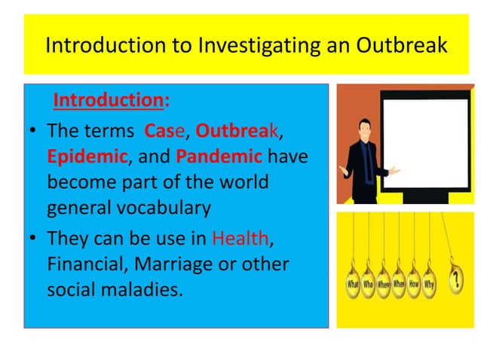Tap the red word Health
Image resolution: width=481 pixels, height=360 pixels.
(240, 239)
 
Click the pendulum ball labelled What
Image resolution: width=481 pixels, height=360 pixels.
(352, 286)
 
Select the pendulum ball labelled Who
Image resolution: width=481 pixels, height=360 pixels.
(369, 286)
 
